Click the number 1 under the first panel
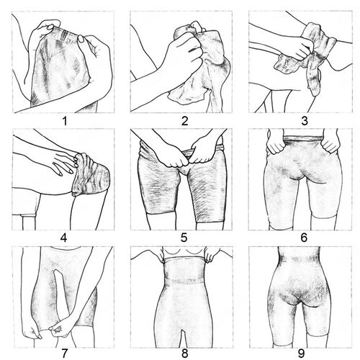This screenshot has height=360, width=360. [x=64, y=121]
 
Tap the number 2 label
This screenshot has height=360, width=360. [x=184, y=121]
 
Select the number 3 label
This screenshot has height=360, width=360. [x=305, y=121]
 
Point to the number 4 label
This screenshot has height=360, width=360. [x=64, y=238]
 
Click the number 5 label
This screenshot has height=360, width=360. [x=184, y=238]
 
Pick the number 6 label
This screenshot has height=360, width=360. [x=304, y=238]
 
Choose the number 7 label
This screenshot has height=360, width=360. [x=65, y=354]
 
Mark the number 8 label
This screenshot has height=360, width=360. [x=184, y=354]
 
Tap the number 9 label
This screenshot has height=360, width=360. [x=302, y=354]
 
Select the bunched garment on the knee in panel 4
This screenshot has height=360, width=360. [x=92, y=176]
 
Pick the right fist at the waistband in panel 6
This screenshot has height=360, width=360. [x=330, y=145]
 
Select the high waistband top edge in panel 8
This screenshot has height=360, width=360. [x=184, y=259]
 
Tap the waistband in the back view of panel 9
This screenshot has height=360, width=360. [x=300, y=259]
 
